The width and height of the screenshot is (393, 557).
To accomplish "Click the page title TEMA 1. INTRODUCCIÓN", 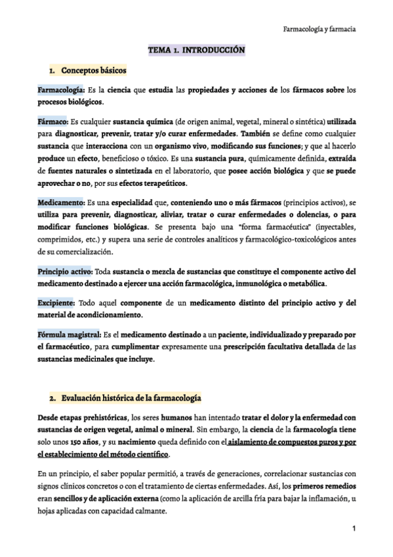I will tap(196, 50).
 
